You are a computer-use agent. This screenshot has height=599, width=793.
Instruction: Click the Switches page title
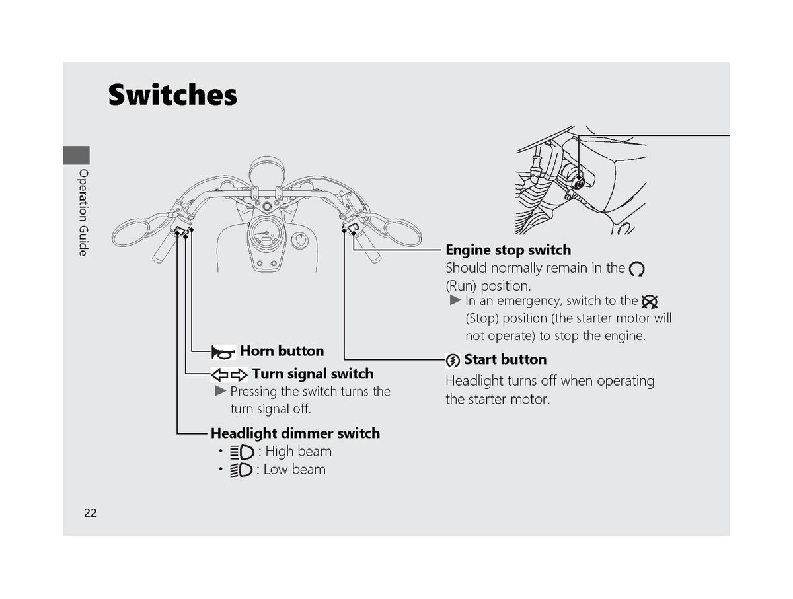(x=172, y=94)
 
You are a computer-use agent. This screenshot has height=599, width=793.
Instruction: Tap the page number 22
(x=91, y=512)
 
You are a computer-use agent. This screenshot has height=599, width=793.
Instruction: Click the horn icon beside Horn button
(x=223, y=352)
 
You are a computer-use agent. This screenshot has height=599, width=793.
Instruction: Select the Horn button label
(x=282, y=351)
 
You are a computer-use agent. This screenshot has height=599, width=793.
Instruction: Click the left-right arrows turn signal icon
(x=229, y=374)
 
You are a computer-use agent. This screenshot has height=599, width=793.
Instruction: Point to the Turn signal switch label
(x=313, y=374)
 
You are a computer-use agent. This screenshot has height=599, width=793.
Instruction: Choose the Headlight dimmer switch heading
(x=295, y=433)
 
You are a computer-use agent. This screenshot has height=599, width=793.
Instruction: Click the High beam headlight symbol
(x=242, y=452)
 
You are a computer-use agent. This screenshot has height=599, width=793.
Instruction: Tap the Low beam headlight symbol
(x=241, y=470)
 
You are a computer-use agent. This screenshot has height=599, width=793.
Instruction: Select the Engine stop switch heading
(x=508, y=250)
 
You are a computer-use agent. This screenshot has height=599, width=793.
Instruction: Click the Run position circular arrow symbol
(x=636, y=269)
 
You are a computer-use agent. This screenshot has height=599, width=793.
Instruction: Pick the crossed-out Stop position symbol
(x=649, y=302)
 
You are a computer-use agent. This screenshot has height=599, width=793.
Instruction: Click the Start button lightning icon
(x=453, y=361)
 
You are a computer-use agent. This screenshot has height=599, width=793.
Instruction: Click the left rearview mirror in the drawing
(x=130, y=232)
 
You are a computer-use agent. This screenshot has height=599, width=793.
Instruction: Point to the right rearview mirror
(x=402, y=232)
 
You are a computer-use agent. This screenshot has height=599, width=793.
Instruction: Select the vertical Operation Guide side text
(x=83, y=212)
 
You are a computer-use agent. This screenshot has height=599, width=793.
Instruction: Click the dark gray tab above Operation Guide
(x=76, y=155)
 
